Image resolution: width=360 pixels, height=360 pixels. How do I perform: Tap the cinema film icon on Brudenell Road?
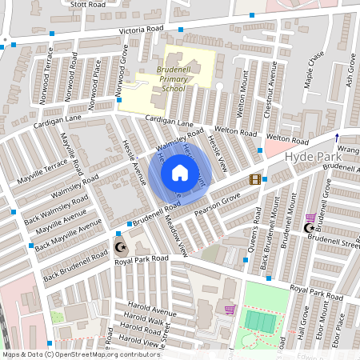[x=255, y=179]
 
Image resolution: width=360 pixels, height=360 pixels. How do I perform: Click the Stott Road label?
[x=88, y=4]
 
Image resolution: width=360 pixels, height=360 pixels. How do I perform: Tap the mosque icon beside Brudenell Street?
[x=310, y=229]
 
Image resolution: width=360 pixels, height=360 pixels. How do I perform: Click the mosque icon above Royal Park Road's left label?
[x=121, y=246]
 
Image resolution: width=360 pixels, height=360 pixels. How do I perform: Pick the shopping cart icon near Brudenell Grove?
[x=310, y=217]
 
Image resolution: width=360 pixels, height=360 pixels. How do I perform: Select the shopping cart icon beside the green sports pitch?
[x=230, y=310]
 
